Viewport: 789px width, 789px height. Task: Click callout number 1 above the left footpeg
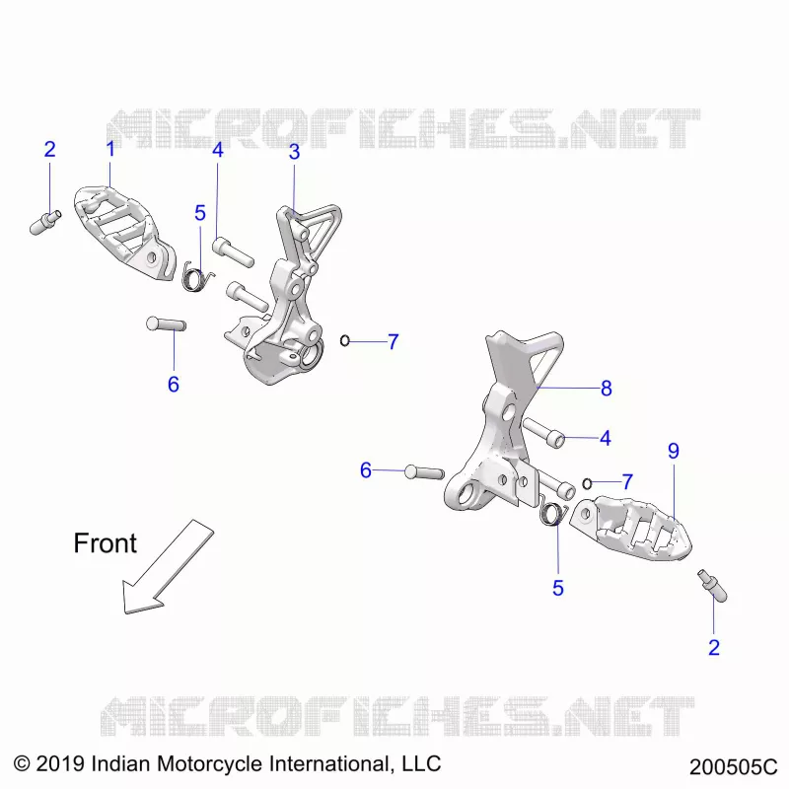point(110,149)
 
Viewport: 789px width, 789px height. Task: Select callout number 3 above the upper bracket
point(294,152)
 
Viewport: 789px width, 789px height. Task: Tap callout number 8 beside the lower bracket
point(607,388)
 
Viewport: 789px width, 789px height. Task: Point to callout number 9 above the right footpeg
point(674,451)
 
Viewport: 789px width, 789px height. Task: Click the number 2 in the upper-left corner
point(49,150)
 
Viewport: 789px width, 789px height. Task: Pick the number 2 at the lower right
point(714,648)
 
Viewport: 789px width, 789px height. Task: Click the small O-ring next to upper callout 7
point(344,340)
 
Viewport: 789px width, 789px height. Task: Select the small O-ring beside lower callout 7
point(587,483)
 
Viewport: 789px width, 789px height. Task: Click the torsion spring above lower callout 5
point(553,512)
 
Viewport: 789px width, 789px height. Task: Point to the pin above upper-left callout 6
point(166,323)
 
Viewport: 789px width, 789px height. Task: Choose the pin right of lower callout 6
point(425,472)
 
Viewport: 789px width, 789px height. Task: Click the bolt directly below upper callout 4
point(233,251)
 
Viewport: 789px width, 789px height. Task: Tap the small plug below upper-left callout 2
point(45,223)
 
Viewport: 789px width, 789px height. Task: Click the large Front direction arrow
point(168,567)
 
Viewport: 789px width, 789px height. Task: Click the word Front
point(105,543)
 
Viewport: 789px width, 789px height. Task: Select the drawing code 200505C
point(733,767)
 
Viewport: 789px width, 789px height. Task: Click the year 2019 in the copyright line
point(60,763)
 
